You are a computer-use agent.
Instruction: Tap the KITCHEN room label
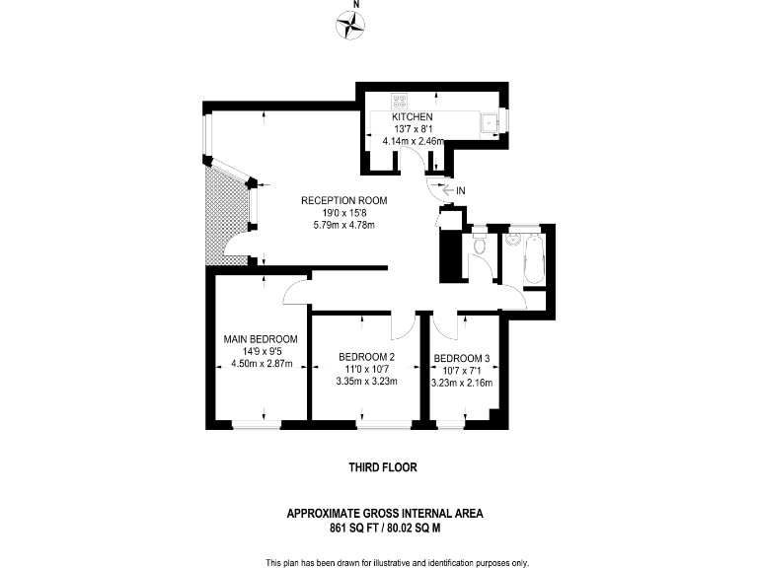click(413, 117)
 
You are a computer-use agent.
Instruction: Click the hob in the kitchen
click(401, 100)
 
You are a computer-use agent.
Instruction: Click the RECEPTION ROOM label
click(343, 200)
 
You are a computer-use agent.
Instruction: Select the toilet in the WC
click(479, 246)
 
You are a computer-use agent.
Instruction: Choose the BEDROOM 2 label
click(366, 357)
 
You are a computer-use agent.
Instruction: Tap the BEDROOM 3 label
click(462, 358)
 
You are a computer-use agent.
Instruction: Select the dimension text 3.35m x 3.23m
click(366, 381)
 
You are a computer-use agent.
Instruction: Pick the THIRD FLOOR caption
click(380, 467)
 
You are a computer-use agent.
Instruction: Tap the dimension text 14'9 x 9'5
click(257, 351)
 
